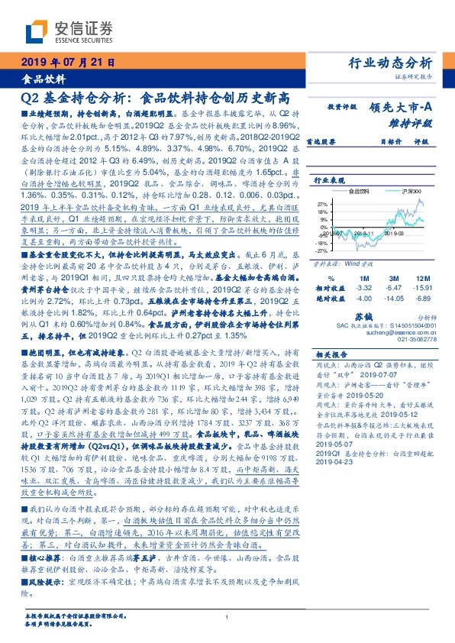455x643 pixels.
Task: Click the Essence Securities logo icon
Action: tap(36, 31)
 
